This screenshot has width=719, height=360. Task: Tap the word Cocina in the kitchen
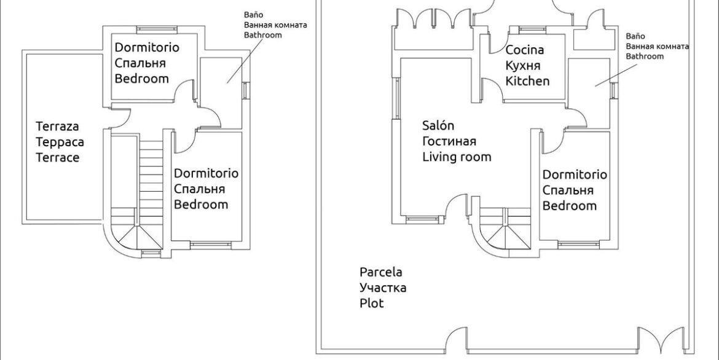pos(524,50)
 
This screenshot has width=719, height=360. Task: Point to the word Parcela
pos(380,272)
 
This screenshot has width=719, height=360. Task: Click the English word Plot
pos(371,303)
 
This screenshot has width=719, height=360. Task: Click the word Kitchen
pos(527,81)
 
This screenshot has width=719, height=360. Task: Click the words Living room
pos(457,157)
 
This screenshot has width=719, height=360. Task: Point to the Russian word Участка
pos(382,288)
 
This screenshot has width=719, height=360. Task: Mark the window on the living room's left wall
pos(398,99)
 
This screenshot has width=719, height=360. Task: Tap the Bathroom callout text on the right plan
pos(645,56)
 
